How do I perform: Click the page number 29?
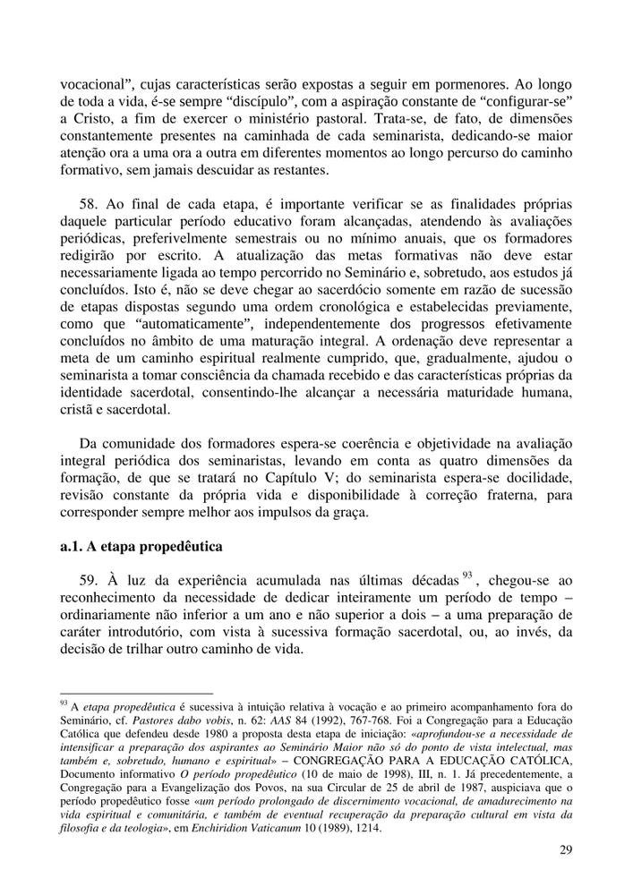[565, 849]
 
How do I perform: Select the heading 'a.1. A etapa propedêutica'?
[141, 546]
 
